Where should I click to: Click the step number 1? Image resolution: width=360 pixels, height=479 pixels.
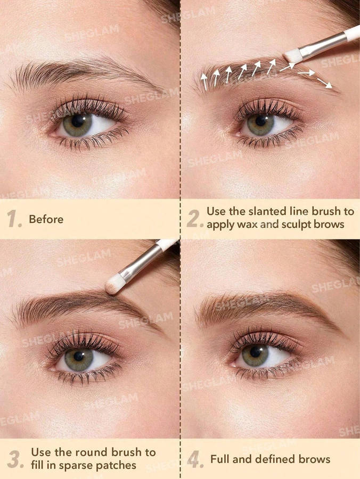pyautogui.click(x=14, y=219)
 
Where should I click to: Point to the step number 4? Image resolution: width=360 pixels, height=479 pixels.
pyautogui.click(x=195, y=459)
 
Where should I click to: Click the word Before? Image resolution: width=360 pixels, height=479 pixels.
pyautogui.click(x=46, y=219)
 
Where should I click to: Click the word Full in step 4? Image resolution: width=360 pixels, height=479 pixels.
pyautogui.click(x=220, y=459)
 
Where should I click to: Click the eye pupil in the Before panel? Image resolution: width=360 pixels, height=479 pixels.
pyautogui.click(x=78, y=121)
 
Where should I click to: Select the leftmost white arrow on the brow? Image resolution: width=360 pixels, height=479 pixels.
pyautogui.click(x=203, y=80)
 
